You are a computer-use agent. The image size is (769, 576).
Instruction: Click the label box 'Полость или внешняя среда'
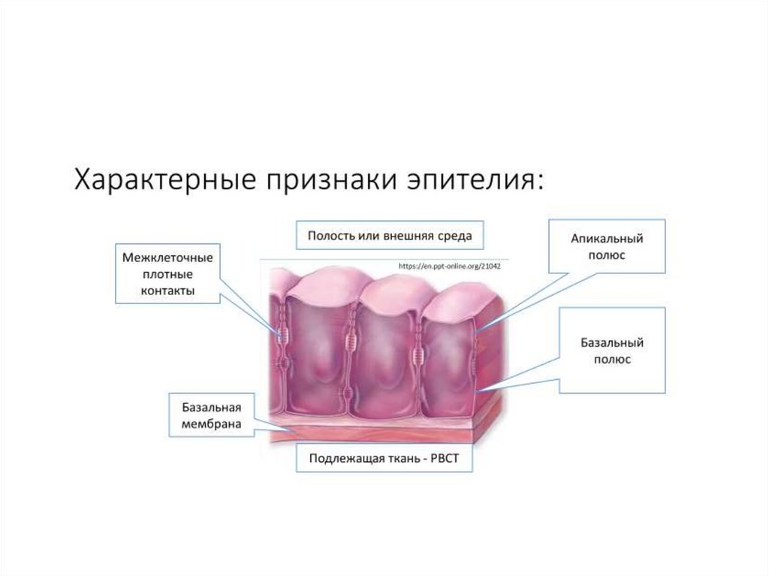[389, 236]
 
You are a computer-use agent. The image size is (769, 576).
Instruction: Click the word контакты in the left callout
[168, 291]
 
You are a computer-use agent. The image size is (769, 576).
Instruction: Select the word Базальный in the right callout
[613, 343]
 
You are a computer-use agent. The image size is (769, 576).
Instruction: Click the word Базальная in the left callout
[211, 408]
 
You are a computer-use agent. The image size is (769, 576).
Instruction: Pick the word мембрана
[211, 424]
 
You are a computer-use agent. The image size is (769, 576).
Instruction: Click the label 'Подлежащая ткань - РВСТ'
[387, 457]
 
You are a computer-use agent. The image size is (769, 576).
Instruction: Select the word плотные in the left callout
[168, 275]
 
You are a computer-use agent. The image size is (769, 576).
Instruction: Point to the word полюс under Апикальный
[607, 255]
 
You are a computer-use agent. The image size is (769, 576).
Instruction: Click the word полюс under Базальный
[613, 360]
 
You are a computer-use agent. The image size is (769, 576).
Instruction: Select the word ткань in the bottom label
[399, 457]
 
